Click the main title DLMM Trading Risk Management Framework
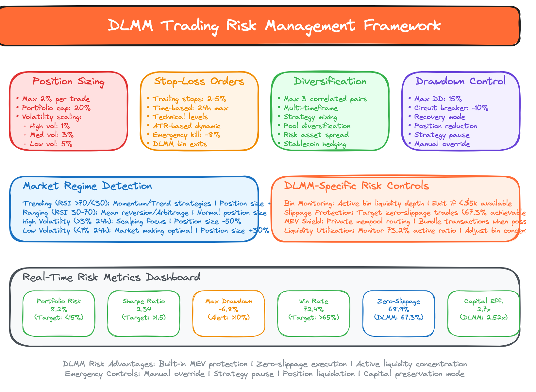coord(274,26)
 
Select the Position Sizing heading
coord(68,82)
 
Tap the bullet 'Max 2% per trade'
coord(56,99)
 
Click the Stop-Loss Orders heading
coord(199,81)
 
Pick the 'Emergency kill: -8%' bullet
coord(186,135)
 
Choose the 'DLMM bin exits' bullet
coord(180,144)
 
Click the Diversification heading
coord(330,81)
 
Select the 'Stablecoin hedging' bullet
coord(315,144)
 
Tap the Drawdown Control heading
coord(461,81)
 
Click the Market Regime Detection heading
coord(87,186)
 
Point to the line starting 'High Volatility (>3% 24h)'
coord(132,221)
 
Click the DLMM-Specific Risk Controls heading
coord(356,186)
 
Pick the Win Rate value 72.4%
coord(314,309)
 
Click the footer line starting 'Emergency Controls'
coord(264,374)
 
